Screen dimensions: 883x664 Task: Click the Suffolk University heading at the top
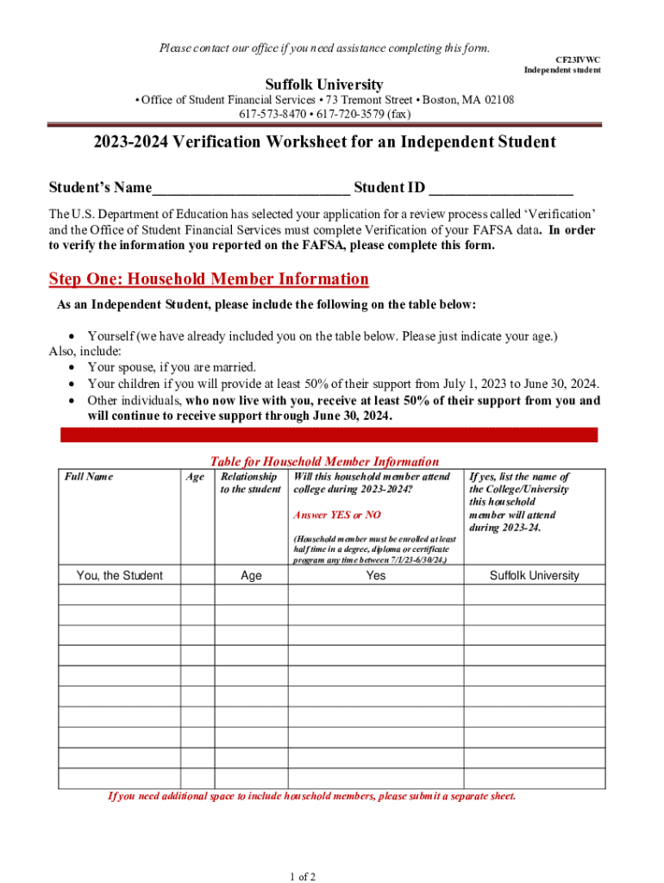(324, 85)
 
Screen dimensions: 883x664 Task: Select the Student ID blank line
(501, 189)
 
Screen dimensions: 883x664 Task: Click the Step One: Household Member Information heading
(209, 279)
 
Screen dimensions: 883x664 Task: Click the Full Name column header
(90, 477)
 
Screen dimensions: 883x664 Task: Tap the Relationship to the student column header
(250, 483)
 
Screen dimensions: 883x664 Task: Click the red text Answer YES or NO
(336, 515)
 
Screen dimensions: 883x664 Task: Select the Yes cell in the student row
(376, 575)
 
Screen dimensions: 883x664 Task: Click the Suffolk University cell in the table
(535, 575)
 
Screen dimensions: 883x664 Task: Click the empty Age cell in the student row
(197, 575)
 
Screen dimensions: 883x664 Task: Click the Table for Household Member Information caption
(324, 461)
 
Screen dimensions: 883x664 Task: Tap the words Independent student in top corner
(562, 70)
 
